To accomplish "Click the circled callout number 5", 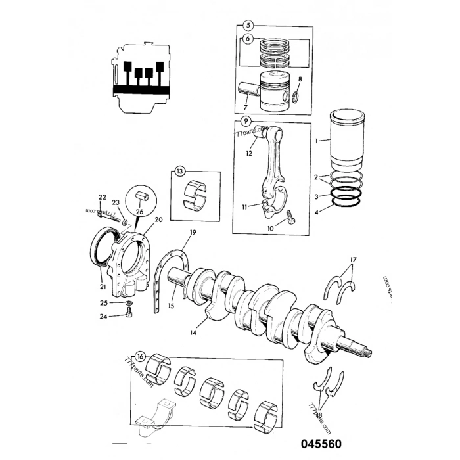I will [248, 26].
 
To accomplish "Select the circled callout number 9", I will [244, 121].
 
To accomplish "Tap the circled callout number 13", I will [180, 172].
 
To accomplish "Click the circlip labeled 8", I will [296, 99].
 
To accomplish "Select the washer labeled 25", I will [129, 304].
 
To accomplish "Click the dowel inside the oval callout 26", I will [143, 196].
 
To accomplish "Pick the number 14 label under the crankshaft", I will [192, 333].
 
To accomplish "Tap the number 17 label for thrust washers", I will [354, 260].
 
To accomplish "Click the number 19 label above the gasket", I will [192, 233].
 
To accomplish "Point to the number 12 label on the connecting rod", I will [249, 154].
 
